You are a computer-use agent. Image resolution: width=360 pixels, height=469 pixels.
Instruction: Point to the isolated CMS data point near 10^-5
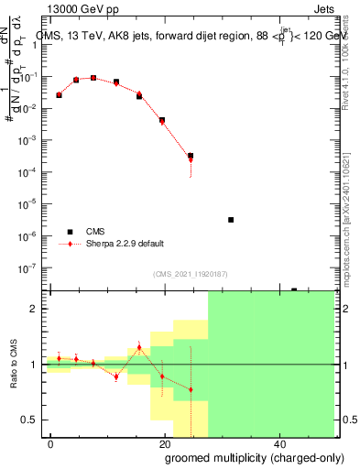(x=231, y=220)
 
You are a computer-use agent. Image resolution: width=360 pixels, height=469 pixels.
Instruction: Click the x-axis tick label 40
(x=279, y=443)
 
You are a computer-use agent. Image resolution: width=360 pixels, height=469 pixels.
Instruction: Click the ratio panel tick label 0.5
(x=30, y=420)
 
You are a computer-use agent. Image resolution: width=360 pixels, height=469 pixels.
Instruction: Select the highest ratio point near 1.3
(x=139, y=347)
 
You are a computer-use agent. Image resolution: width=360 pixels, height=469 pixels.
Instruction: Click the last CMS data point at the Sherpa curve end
(x=190, y=156)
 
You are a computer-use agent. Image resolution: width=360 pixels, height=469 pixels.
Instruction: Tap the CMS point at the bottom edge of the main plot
(x=294, y=289)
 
